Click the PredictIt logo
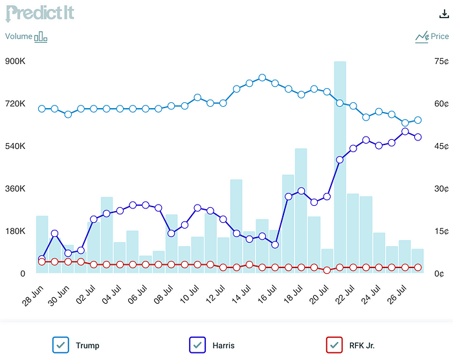click(40, 13)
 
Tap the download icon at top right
click(443, 14)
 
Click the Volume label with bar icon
click(27, 37)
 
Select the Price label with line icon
click(432, 37)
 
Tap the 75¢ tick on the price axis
click(442, 62)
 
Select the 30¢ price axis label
click(442, 189)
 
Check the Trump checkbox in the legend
click(61, 345)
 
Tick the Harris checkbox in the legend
click(197, 345)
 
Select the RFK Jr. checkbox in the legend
click(333, 345)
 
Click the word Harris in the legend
click(223, 346)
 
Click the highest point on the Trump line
click(262, 78)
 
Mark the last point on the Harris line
click(418, 137)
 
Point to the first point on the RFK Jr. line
click(42, 262)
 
